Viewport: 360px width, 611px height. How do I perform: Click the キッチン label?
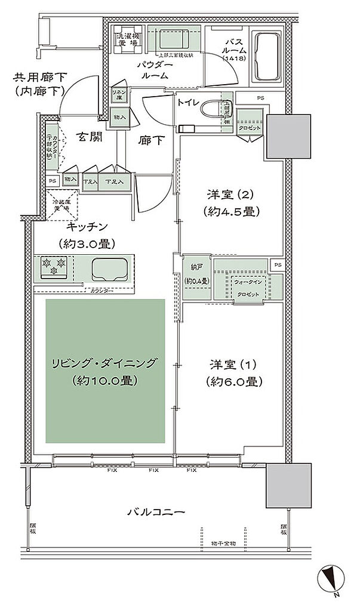87,226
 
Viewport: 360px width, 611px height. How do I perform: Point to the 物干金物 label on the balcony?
223,543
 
